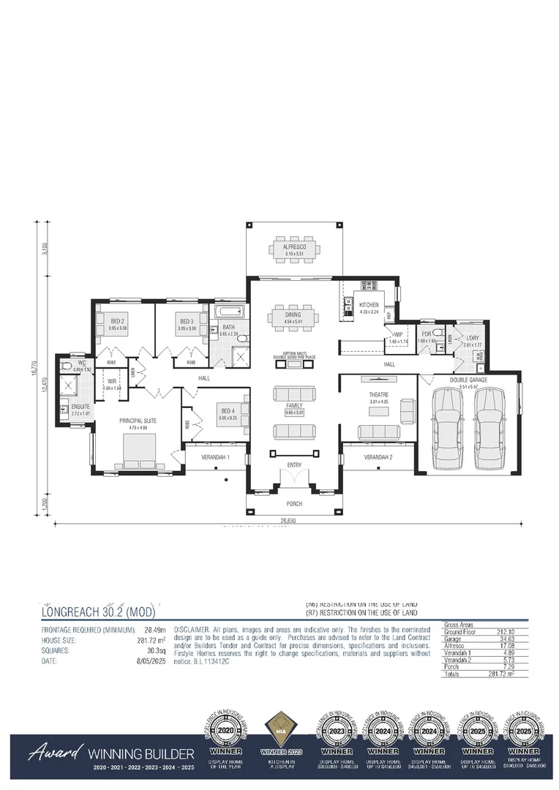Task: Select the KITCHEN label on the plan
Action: [x=368, y=304]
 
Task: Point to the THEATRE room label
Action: [x=378, y=396]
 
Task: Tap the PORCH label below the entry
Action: [x=293, y=504]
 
